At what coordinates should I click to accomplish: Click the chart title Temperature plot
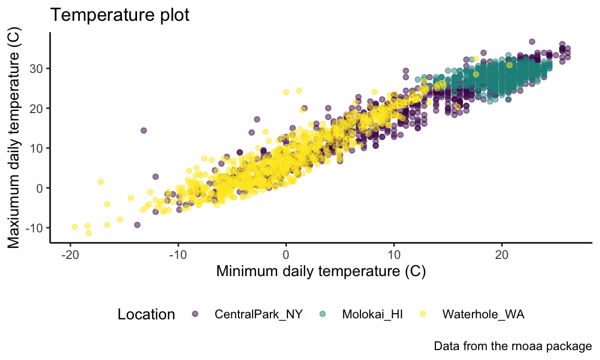[x=119, y=16]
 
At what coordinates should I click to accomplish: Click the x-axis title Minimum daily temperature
[x=321, y=271]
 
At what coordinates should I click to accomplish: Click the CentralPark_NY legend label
[x=259, y=314]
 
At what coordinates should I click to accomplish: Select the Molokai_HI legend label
[x=372, y=314]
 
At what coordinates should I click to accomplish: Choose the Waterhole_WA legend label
[x=483, y=314]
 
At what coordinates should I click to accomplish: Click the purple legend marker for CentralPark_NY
[x=195, y=314]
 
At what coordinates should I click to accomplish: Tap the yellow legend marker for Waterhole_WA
[x=423, y=314]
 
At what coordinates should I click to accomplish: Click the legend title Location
[x=146, y=315]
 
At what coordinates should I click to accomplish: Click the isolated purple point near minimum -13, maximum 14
[x=144, y=130]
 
